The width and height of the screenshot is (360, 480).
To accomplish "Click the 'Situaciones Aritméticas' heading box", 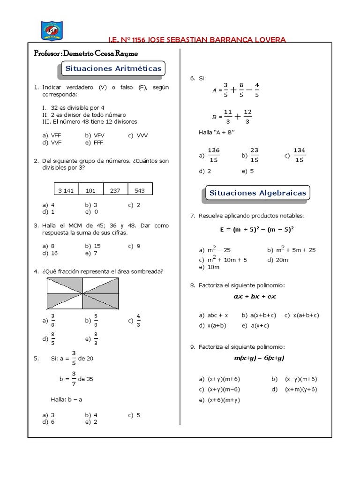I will [x=113, y=68].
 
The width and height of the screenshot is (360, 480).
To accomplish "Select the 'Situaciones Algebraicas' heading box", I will [x=257, y=193].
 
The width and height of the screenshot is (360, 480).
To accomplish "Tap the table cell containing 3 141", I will [x=67, y=190].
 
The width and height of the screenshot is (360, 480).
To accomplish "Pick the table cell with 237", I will [x=115, y=190].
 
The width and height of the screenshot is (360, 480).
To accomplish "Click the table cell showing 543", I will [x=140, y=190].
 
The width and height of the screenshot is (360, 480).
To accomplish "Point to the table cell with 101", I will [x=90, y=190].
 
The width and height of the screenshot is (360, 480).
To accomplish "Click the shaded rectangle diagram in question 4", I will [x=83, y=293].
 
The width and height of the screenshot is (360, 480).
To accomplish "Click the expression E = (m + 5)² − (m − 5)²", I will [x=259, y=230].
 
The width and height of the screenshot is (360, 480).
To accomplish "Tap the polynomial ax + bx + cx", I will [x=255, y=297].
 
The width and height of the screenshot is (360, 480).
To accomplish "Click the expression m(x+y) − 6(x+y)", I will [x=259, y=358].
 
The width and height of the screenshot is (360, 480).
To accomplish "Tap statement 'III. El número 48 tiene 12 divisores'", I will [x=90, y=121].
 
